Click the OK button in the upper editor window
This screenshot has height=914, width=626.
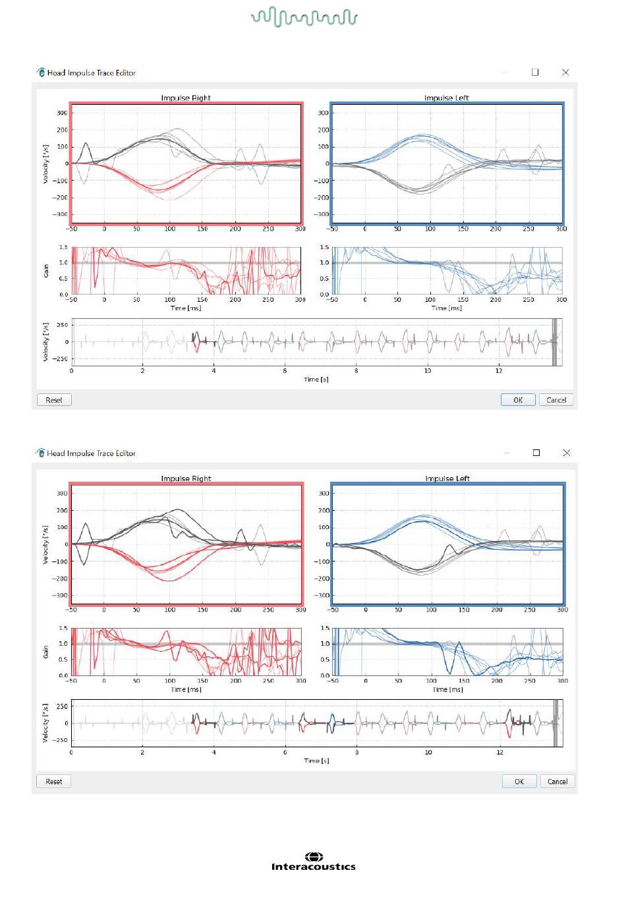pyautogui.click(x=518, y=400)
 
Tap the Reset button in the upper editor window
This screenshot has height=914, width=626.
pyautogui.click(x=54, y=400)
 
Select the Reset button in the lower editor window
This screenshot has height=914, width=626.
pyautogui.click(x=54, y=782)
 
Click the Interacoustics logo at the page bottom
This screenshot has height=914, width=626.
pyautogui.click(x=314, y=861)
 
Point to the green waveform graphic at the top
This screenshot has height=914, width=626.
pyautogui.click(x=304, y=17)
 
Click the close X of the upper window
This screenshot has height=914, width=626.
pyautogui.click(x=565, y=72)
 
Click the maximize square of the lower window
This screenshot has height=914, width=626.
pyautogui.click(x=536, y=453)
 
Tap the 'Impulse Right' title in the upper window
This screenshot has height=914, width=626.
pyautogui.click(x=186, y=98)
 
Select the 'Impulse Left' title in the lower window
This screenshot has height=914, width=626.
pyautogui.click(x=447, y=478)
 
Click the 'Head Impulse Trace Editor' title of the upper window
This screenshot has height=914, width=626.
pyautogui.click(x=92, y=72)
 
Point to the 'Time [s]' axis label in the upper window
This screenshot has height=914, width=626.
pyautogui.click(x=316, y=380)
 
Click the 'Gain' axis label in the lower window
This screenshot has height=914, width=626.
pyautogui.click(x=45, y=652)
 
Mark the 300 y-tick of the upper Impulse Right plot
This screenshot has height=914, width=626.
pyautogui.click(x=62, y=113)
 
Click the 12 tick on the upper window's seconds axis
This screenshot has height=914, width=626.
pyautogui.click(x=499, y=370)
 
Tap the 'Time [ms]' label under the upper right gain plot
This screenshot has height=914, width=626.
pyautogui.click(x=447, y=308)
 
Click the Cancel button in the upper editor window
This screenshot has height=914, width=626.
pyautogui.click(x=556, y=400)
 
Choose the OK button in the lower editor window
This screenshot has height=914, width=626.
pyautogui.click(x=519, y=782)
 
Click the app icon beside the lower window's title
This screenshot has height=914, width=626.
pyautogui.click(x=40, y=453)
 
